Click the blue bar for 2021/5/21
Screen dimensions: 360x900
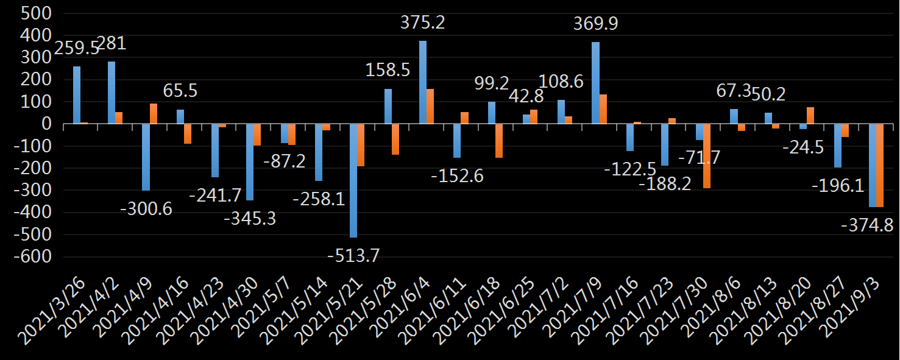pyautogui.click(x=353, y=180)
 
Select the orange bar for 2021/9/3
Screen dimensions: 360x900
pyautogui.click(x=879, y=165)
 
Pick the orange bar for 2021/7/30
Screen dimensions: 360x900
pyautogui.click(x=706, y=155)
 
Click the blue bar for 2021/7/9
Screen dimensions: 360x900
pyautogui.click(x=595, y=83)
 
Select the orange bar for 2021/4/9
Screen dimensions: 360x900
pyautogui.click(x=153, y=114)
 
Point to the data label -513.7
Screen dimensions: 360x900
pyautogui.click(x=353, y=256)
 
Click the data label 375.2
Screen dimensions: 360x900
pyautogui.click(x=422, y=23)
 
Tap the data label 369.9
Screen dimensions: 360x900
pyautogui.click(x=595, y=24)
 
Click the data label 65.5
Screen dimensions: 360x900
pyautogui.click(x=180, y=91)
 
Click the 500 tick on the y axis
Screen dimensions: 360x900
pyautogui.click(x=36, y=14)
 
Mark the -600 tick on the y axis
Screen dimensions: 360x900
pyautogui.click(x=32, y=257)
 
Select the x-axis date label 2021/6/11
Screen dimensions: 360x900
pyautogui.click(x=438, y=308)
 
